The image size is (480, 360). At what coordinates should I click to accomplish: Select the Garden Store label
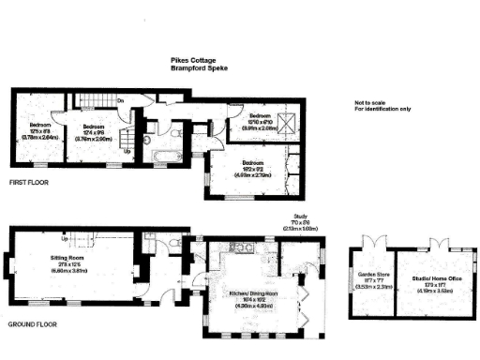[367, 276]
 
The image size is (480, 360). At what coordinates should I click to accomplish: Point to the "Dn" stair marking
[121, 99]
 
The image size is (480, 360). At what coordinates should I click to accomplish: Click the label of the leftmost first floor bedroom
[39, 125]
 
